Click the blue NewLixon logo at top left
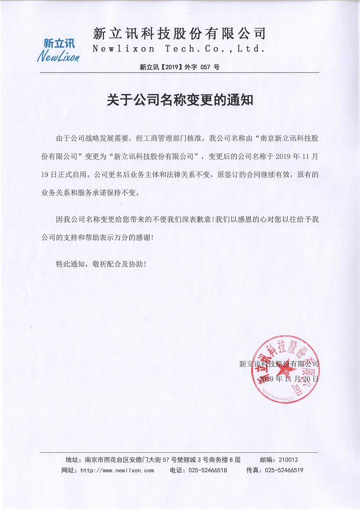pyautogui.click(x=58, y=50)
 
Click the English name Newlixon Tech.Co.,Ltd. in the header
pyautogui.click(x=178, y=49)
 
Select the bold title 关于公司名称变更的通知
pyautogui.click(x=180, y=99)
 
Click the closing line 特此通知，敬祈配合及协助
pyautogui.click(x=101, y=264)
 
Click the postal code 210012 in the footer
pyautogui.click(x=288, y=459)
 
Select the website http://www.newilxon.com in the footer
pyautogui.click(x=117, y=470)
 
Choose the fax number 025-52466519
pyautogui.click(x=284, y=470)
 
